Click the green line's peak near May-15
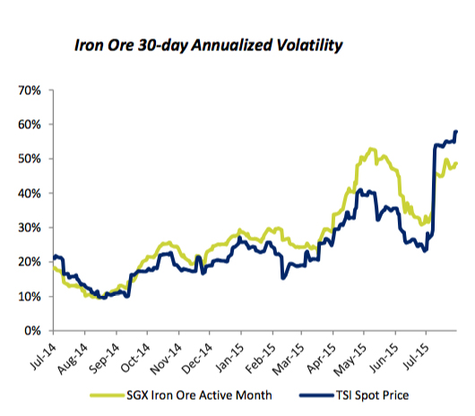click(x=370, y=149)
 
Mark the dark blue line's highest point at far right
click(x=456, y=132)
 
